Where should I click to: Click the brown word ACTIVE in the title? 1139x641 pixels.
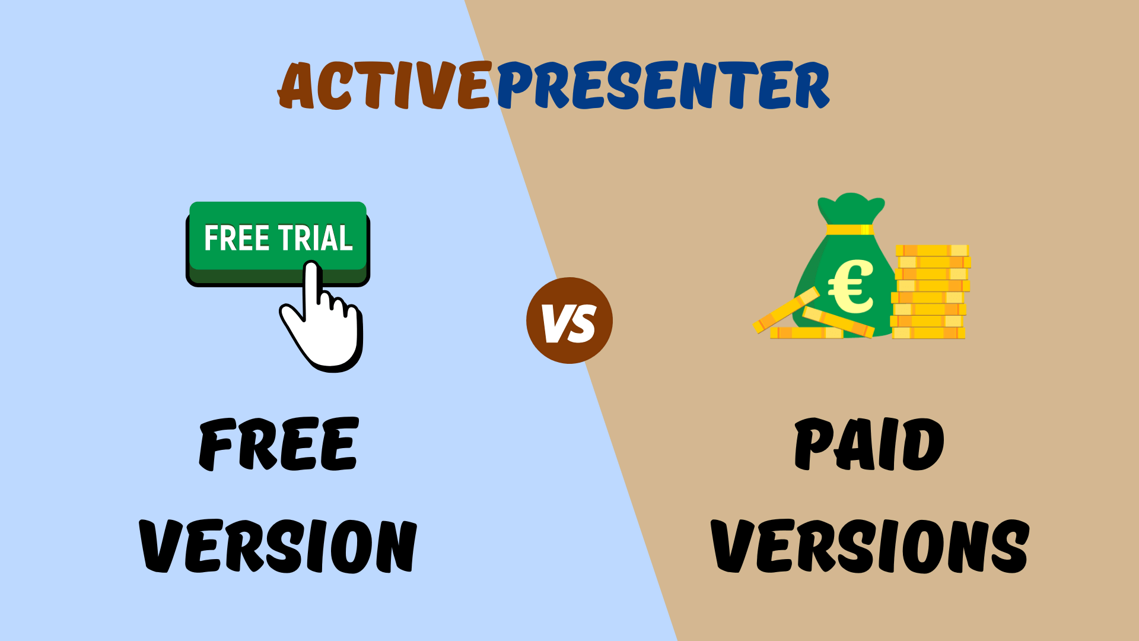[x=384, y=86]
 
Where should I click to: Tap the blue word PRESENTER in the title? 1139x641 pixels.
[x=663, y=86]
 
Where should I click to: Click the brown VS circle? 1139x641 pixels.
[x=569, y=320]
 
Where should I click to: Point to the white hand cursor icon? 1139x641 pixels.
[x=323, y=323]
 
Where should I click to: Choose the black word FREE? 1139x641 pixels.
[x=279, y=444]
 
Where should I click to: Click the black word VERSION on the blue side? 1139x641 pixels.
[x=278, y=546]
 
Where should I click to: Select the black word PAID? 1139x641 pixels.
[x=869, y=444]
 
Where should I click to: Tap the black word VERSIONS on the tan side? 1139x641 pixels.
[x=869, y=546]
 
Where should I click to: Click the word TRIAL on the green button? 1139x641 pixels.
[x=316, y=239]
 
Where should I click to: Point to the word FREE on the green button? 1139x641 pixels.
[x=237, y=239]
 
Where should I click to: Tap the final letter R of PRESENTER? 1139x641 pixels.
[x=810, y=86]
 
